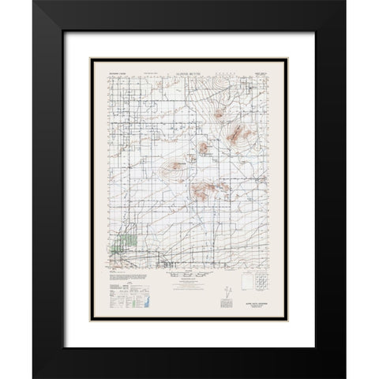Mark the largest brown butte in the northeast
[238, 137]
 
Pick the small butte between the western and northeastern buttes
[204, 148]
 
